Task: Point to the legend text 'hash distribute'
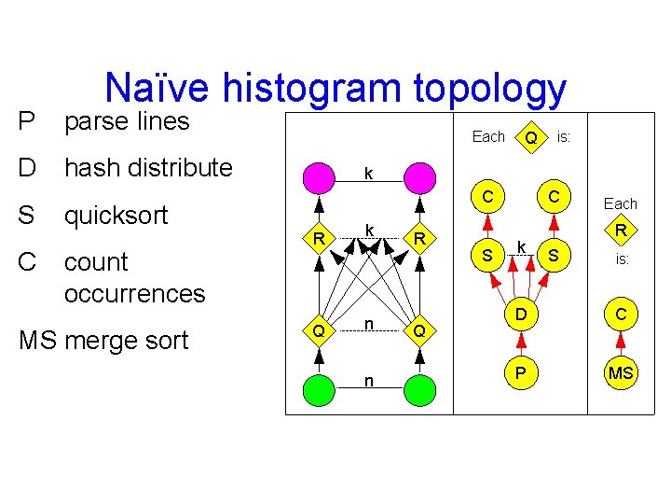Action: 148,168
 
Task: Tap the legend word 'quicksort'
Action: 116,216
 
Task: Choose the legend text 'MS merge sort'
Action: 103,341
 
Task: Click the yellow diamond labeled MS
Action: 621,373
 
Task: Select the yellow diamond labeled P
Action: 519,373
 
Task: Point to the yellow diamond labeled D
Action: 519,315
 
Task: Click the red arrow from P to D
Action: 519,344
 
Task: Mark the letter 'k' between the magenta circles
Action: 369,174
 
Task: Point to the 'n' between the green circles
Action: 369,381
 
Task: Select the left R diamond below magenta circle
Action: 319,238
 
